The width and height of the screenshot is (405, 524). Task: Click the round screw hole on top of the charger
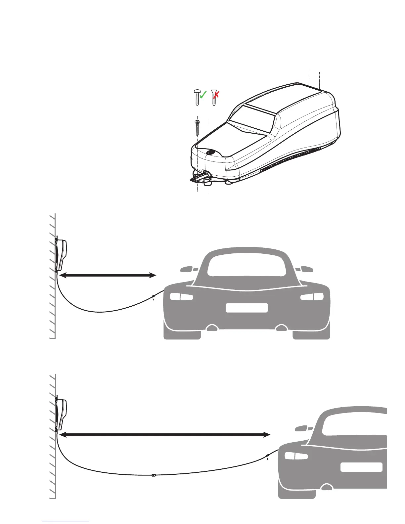click(x=210, y=153)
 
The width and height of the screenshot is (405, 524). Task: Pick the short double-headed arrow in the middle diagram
click(x=108, y=275)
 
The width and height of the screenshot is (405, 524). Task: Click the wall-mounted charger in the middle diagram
click(x=62, y=255)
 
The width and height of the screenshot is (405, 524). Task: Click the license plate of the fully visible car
click(x=247, y=308)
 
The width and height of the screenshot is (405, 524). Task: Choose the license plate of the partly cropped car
click(x=361, y=467)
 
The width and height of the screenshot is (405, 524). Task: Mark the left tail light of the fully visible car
click(x=181, y=296)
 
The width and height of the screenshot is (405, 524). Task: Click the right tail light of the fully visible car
click(x=312, y=296)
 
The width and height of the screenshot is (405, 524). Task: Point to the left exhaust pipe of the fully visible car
click(x=212, y=328)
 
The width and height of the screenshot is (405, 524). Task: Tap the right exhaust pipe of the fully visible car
click(x=281, y=328)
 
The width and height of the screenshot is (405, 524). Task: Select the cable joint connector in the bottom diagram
click(x=153, y=475)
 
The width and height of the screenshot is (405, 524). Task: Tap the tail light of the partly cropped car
click(x=296, y=456)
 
